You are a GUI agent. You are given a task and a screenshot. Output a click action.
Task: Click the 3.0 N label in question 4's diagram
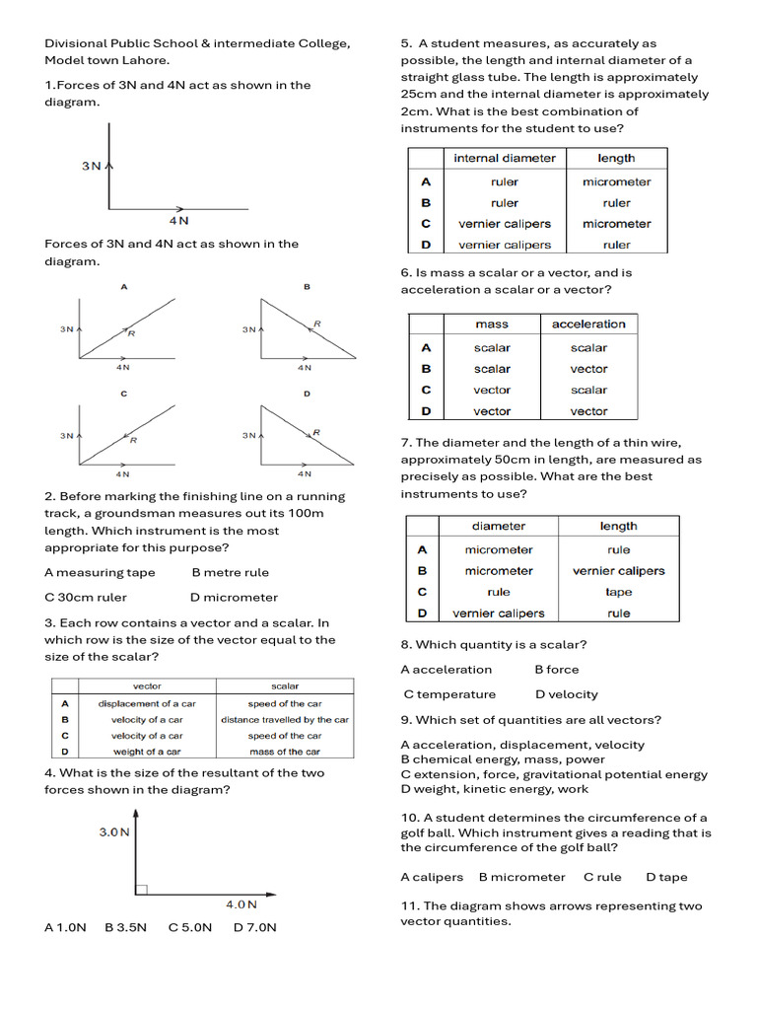tap(114, 831)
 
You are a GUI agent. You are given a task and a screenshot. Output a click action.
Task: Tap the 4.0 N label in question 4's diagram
tap(241, 903)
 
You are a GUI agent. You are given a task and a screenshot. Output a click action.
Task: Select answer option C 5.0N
tap(190, 927)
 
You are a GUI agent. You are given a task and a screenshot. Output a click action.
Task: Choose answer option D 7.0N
tap(255, 927)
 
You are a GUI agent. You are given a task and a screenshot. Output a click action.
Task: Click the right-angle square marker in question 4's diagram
tap(141, 890)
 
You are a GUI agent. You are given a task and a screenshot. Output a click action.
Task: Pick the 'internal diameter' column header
tap(505, 158)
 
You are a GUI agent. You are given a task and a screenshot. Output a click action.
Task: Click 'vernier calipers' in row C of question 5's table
tap(505, 224)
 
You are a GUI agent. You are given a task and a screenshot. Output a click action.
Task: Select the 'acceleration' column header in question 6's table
tap(588, 324)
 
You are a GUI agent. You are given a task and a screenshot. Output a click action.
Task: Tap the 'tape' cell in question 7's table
tap(619, 592)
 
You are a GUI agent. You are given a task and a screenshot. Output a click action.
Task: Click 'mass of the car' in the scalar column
tap(285, 752)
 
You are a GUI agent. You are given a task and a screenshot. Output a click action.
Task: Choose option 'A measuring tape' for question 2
tap(100, 572)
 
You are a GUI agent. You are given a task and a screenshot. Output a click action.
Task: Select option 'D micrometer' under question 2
tap(234, 597)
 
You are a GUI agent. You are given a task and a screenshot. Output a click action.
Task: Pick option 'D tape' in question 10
tap(666, 877)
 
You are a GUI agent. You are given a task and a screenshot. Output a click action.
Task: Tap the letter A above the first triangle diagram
tap(124, 287)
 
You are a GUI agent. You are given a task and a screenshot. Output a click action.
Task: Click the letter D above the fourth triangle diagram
tap(307, 394)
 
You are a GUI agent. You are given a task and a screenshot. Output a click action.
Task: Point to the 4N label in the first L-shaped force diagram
tap(178, 221)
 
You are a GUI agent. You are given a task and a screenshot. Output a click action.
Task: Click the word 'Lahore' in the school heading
tap(147, 60)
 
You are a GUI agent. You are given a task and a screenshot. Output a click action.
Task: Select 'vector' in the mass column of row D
tap(492, 411)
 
